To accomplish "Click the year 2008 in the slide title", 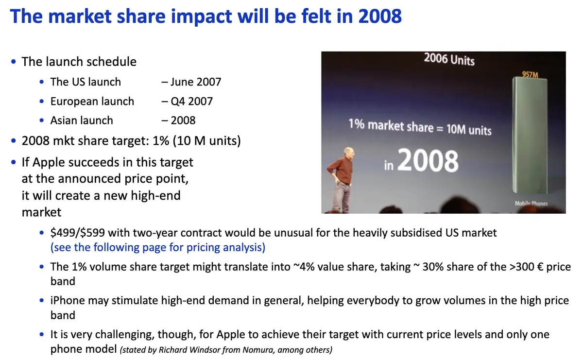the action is (380, 16).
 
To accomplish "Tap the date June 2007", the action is (196, 82).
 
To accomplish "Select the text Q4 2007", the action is (191, 101).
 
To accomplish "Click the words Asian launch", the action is (82, 120).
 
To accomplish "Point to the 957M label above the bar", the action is (530, 75).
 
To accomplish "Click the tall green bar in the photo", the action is (530, 136).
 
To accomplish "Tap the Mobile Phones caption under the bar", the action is (531, 203).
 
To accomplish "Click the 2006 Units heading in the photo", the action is (449, 59).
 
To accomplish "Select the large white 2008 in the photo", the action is (428, 161).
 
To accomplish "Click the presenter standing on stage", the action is (342, 180).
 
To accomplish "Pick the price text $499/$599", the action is (78, 233).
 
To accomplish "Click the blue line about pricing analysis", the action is (158, 247).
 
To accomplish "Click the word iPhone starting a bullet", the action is (68, 301).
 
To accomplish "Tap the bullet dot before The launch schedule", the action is (14, 62).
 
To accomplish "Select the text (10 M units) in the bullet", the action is (207, 141).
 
